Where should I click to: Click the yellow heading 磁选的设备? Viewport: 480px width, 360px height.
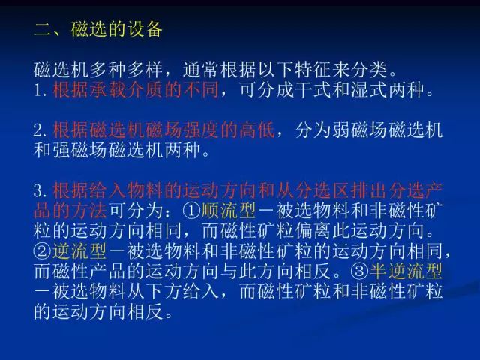116,29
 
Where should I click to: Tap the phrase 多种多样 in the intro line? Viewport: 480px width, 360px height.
126,70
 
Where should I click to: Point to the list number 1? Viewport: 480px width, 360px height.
40,90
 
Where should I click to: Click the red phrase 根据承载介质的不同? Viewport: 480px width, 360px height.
136,89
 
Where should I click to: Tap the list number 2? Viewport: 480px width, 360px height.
41,130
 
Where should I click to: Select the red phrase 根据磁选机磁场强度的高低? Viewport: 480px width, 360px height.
163,130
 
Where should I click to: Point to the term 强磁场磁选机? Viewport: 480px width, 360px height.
108,150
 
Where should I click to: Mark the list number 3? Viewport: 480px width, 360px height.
41,190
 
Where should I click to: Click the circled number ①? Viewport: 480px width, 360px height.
192,211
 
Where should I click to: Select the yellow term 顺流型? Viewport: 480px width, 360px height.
228,211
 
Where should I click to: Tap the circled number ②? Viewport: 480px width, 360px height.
43,251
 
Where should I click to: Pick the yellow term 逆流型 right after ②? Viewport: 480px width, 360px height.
79,251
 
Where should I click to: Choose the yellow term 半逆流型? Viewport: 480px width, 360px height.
406,271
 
